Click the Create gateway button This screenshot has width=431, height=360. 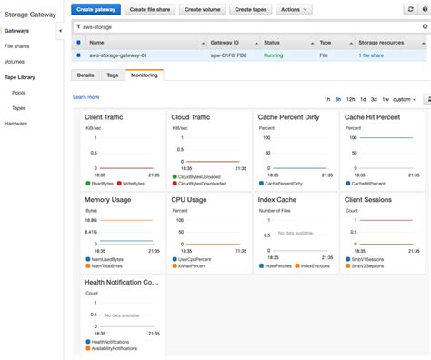[x=96, y=9]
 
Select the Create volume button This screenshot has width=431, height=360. [x=205, y=9]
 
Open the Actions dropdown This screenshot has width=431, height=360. [x=294, y=9]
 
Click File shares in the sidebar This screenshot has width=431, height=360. [x=17, y=45]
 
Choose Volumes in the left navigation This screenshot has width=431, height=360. [x=15, y=61]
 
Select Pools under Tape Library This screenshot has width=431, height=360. [x=18, y=92]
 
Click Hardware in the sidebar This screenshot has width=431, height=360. [x=16, y=123]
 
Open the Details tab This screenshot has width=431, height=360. [x=85, y=75]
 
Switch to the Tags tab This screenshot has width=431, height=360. [x=112, y=75]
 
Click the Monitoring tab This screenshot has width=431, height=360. [x=145, y=75]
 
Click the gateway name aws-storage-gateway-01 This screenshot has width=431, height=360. [x=121, y=55]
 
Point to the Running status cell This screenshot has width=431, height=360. [x=273, y=55]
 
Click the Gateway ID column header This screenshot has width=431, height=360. [x=226, y=42]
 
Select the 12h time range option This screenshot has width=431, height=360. [x=350, y=98]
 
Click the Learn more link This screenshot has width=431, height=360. [x=85, y=96]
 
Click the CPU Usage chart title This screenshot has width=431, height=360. [x=190, y=199]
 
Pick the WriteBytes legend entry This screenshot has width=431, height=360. [x=133, y=184]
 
